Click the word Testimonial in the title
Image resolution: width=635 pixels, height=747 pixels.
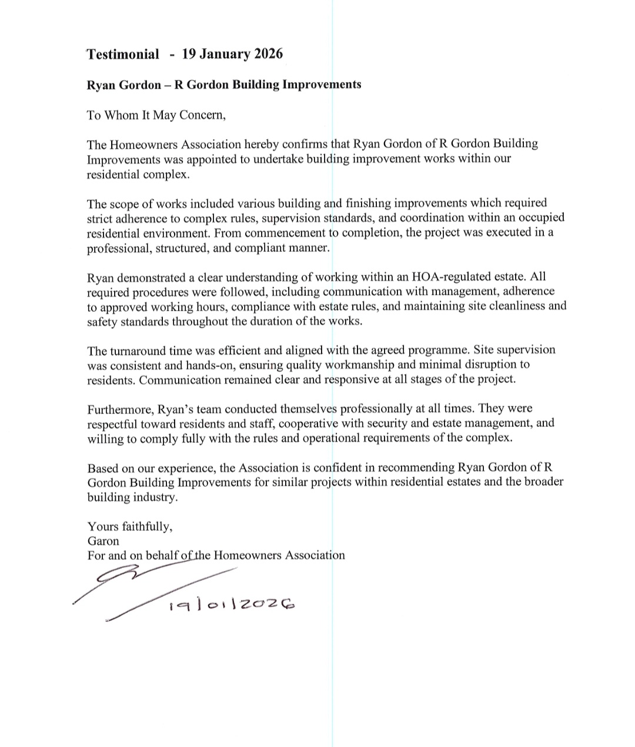[x=122, y=55]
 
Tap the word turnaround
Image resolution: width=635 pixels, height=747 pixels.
[x=139, y=351]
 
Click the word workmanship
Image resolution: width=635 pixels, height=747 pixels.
[x=359, y=365]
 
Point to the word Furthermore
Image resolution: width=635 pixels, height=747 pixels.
[x=119, y=409]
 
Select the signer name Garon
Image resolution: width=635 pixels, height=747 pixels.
[x=103, y=541]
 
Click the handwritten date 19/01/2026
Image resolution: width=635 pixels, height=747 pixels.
[x=231, y=605]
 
